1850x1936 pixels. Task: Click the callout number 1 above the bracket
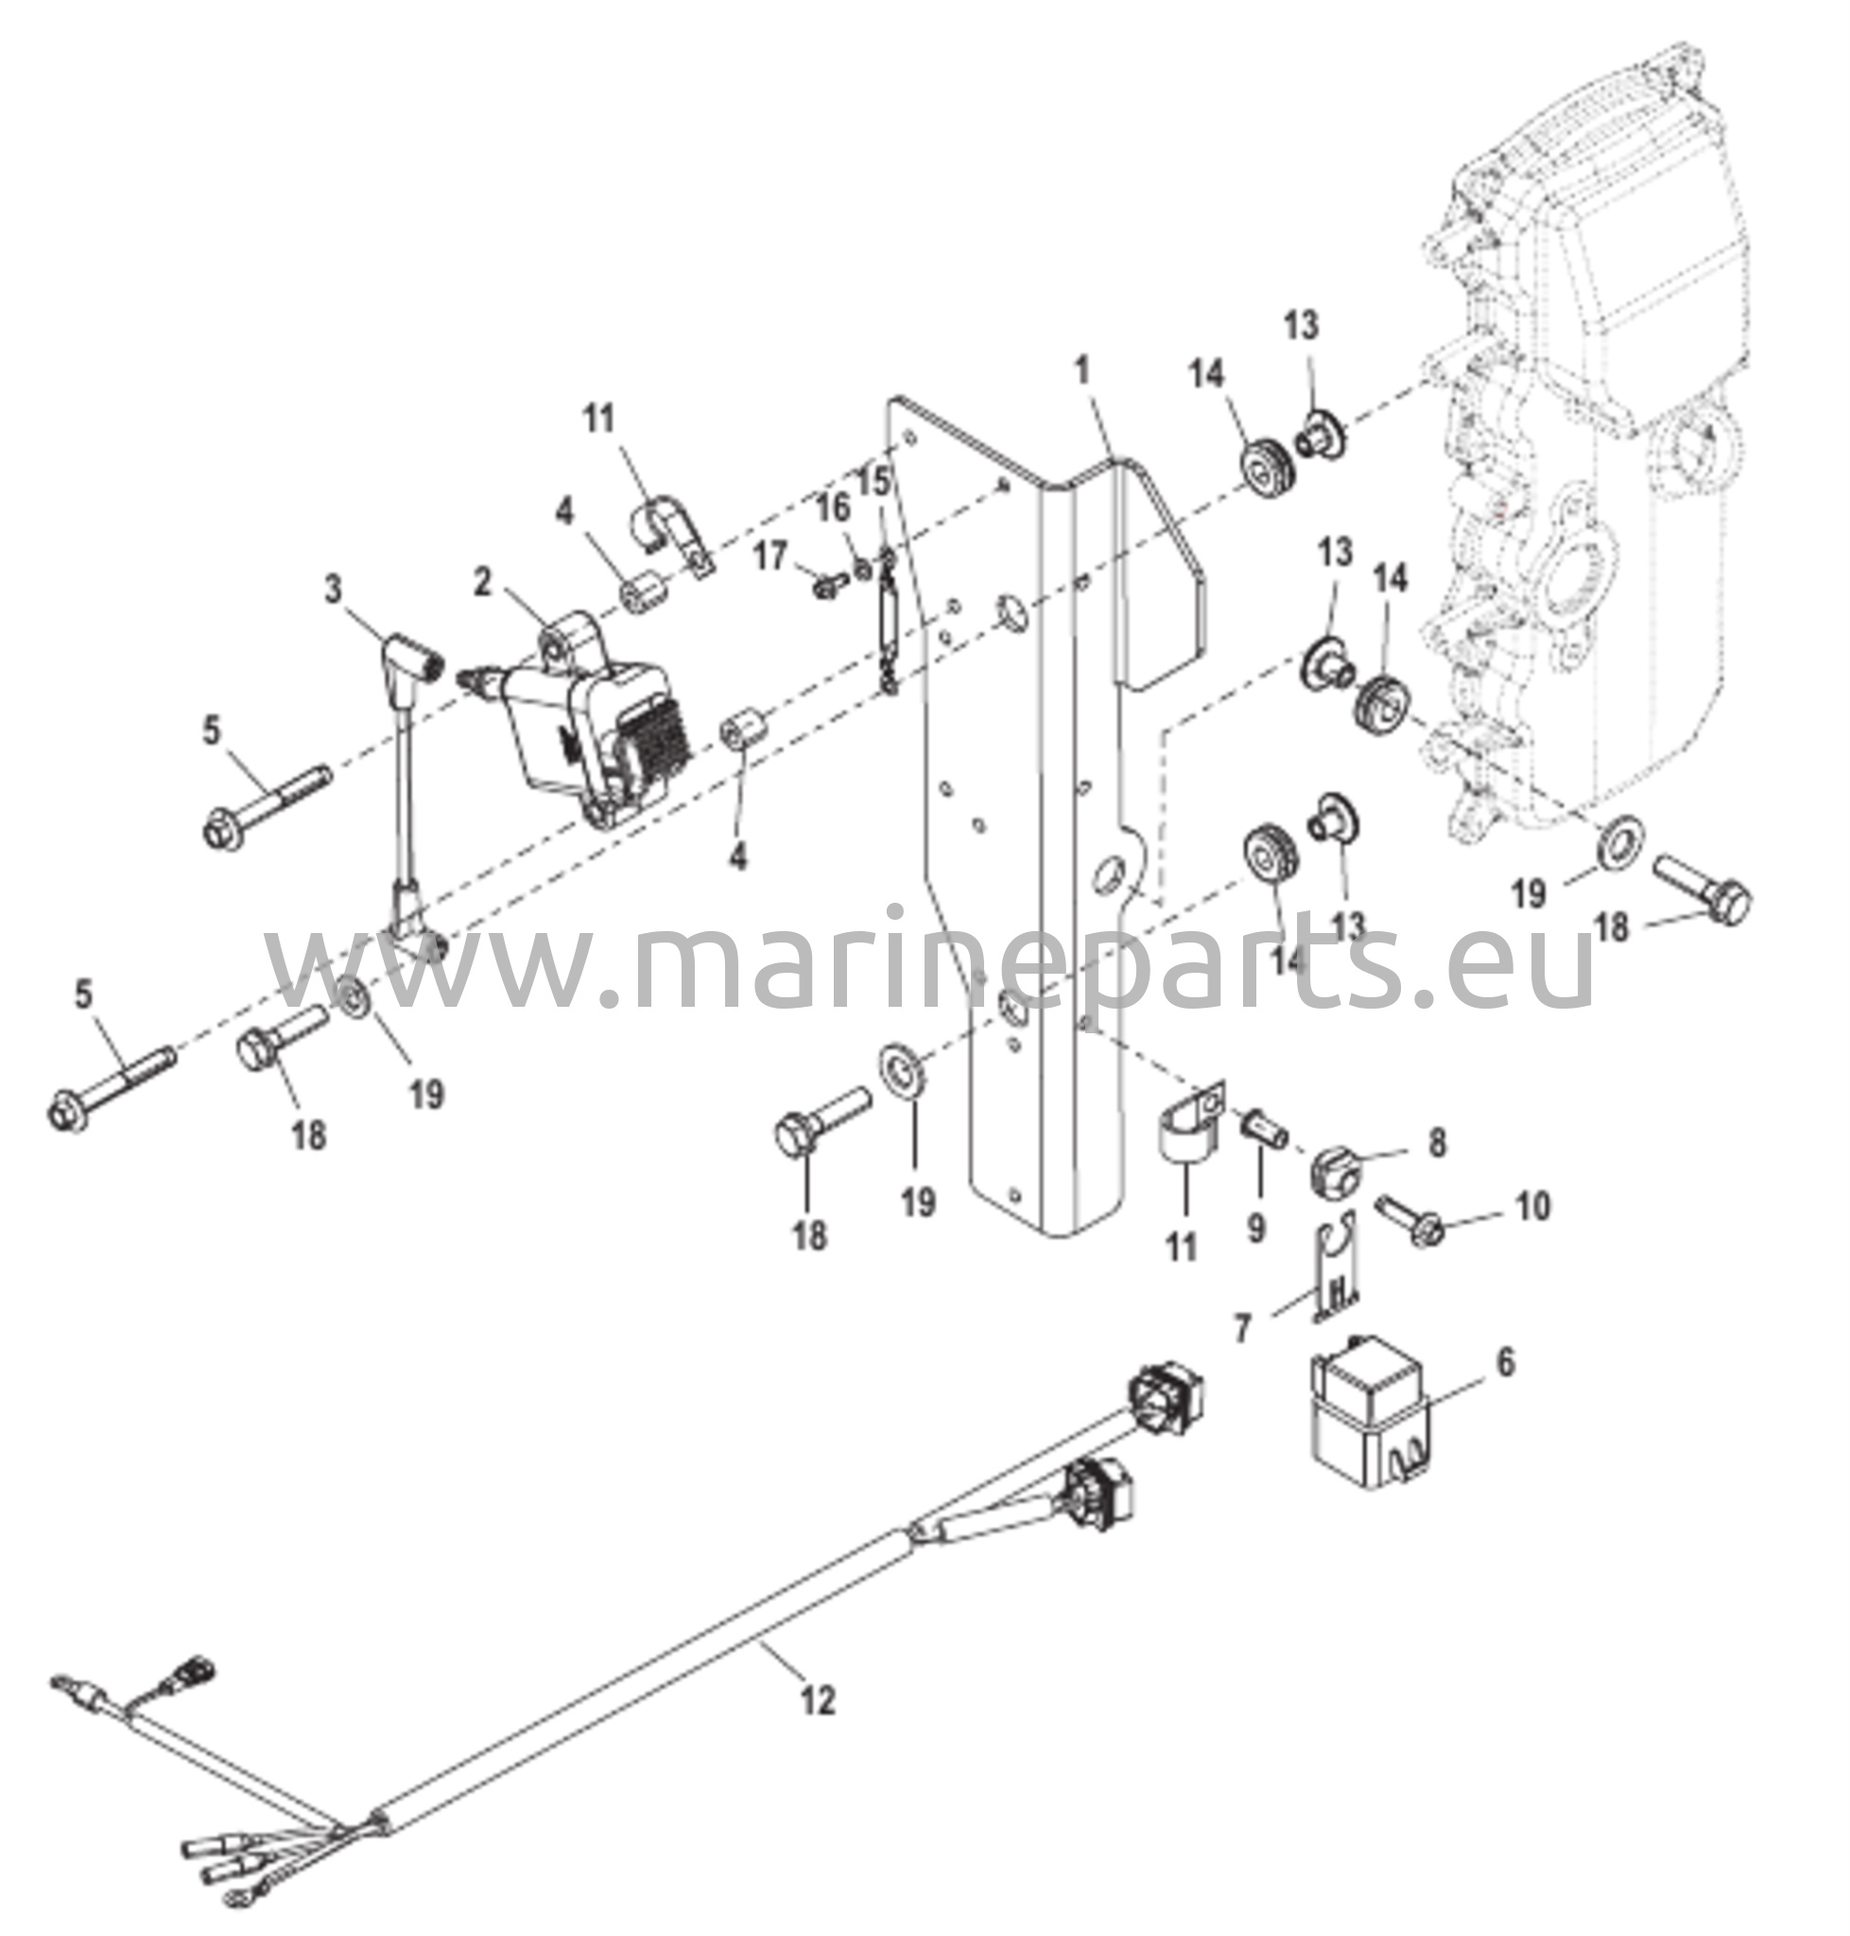coord(1082,371)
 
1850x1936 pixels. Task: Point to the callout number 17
coord(770,556)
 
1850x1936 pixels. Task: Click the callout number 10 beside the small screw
coord(1532,1205)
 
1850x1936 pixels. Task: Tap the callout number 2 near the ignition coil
coord(481,582)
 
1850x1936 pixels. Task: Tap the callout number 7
coord(1242,1329)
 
